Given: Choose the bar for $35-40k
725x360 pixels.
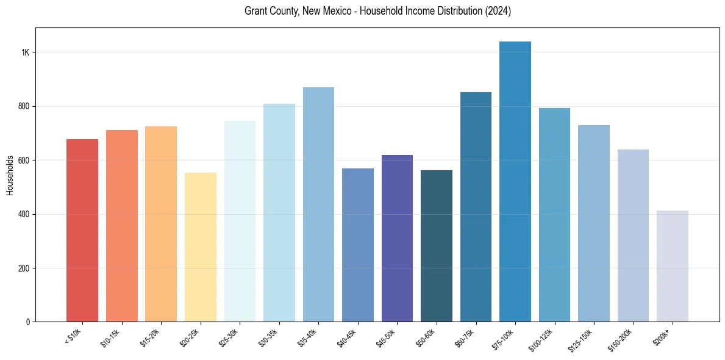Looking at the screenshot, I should coord(318,204).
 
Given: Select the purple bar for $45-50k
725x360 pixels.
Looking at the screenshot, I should coord(397,239).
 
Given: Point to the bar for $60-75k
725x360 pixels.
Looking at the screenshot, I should coord(476,207).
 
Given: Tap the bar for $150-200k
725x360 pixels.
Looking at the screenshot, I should coord(633,236).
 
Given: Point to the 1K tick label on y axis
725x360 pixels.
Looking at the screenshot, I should coord(26,52).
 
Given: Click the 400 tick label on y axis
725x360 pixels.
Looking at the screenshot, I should coord(24,214).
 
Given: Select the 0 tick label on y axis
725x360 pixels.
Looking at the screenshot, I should coord(28,322).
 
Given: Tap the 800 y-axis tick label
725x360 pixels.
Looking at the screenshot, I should coord(24,106).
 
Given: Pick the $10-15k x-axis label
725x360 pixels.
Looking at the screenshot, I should coord(111,337).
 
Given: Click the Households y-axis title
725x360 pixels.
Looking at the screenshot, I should coord(10,175).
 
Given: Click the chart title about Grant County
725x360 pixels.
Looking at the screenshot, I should coord(377,11).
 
